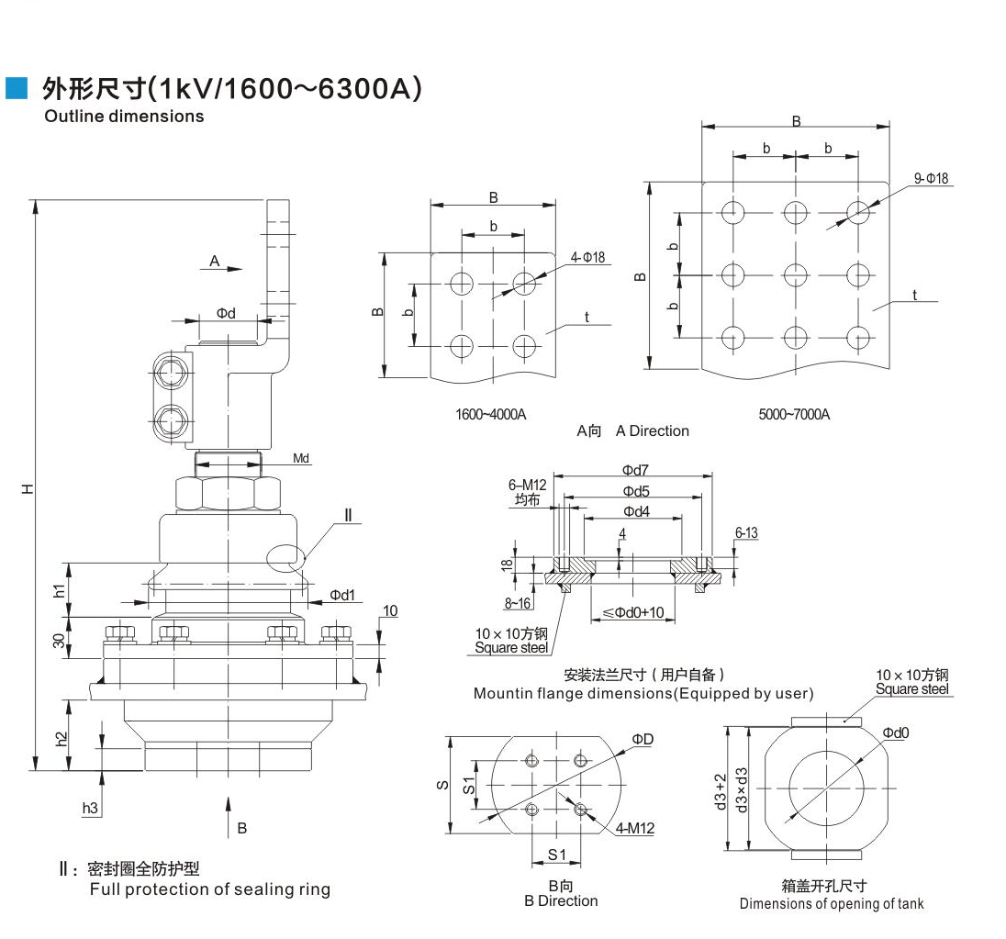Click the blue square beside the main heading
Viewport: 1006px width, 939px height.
pos(17,88)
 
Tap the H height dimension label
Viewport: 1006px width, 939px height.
pos(29,488)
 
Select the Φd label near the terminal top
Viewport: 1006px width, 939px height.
pos(226,313)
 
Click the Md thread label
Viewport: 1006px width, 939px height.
pos(301,458)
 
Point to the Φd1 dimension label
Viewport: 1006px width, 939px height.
pos(342,595)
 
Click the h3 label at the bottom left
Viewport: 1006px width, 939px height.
pos(90,808)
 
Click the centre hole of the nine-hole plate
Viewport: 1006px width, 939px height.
pos(795,274)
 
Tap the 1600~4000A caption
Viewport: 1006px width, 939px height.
pos(491,414)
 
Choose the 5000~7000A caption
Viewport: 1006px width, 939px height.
pos(794,414)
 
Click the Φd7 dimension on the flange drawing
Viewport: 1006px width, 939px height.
pos(636,470)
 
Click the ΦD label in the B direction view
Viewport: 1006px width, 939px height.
pos(642,739)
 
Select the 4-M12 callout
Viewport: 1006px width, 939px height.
pos(635,828)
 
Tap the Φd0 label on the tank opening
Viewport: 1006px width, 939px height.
pos(896,732)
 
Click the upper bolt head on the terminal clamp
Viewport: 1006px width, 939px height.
pos(170,374)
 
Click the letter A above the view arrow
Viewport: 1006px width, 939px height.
pos(214,262)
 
